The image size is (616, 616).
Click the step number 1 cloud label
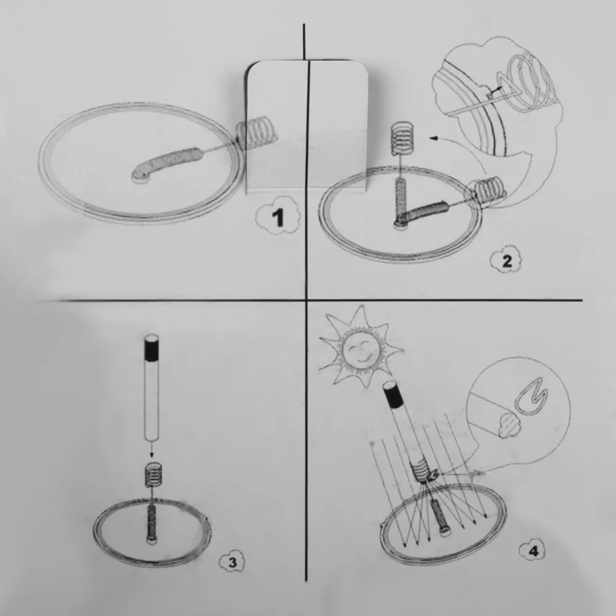pyautogui.click(x=278, y=217)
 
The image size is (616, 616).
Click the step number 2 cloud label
pyautogui.click(x=506, y=261)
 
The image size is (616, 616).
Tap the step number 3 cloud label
pyautogui.click(x=232, y=561)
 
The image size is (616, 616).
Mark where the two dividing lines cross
pyautogui.click(x=306, y=301)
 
